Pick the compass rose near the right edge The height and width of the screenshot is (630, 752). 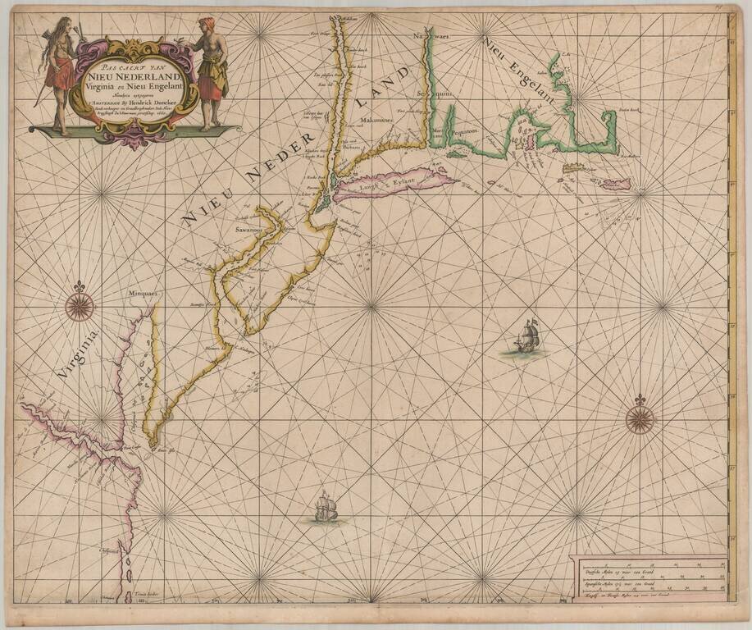(x=640, y=418)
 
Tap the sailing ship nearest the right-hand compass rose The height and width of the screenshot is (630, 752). (x=527, y=336)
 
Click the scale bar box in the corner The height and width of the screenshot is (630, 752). (x=648, y=579)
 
